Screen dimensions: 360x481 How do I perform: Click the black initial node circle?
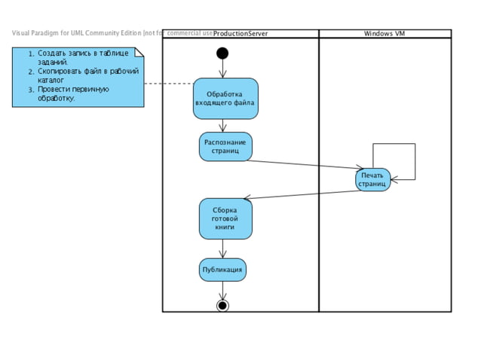(x=222, y=53)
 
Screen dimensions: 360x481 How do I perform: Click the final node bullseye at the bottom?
(x=222, y=305)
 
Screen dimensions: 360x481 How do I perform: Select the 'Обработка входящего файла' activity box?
(x=225, y=99)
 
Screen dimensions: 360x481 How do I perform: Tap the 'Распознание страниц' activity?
(x=225, y=146)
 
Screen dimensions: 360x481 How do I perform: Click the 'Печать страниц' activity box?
(x=372, y=179)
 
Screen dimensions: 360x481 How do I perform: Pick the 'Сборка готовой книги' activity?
(x=225, y=218)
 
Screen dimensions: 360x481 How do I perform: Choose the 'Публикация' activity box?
(x=222, y=269)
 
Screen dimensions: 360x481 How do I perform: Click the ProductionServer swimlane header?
(x=240, y=33)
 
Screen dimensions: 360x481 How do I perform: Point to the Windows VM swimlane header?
(x=384, y=33)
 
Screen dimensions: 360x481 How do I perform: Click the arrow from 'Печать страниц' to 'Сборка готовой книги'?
(x=302, y=194)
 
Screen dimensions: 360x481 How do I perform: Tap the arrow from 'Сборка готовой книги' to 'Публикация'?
(x=222, y=249)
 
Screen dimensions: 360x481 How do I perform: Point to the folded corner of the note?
(x=138, y=53)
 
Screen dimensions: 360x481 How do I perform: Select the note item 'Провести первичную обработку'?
(x=72, y=93)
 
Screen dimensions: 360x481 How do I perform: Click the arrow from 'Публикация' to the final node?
(x=222, y=290)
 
